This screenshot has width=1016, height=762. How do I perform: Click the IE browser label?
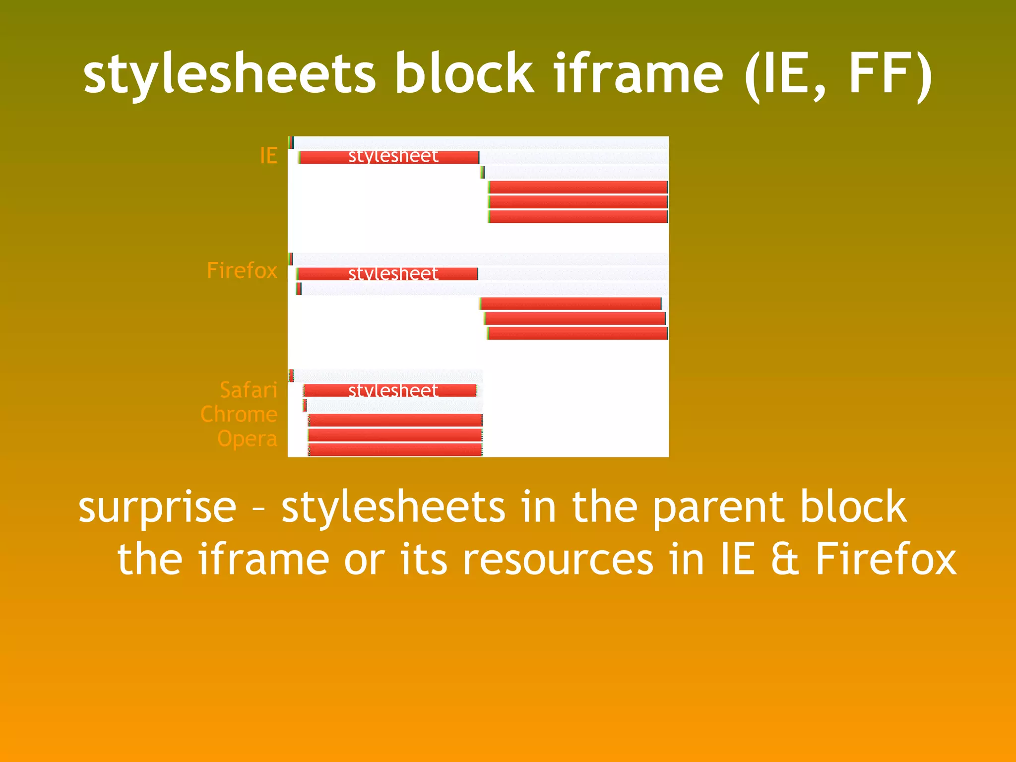(x=268, y=156)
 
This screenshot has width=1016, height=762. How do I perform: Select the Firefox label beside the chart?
(x=242, y=271)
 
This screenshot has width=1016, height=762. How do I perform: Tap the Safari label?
(x=248, y=390)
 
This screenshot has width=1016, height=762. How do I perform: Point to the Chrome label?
(x=239, y=415)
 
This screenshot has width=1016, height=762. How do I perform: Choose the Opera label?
(x=247, y=439)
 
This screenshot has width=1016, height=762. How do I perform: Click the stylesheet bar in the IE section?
(x=389, y=157)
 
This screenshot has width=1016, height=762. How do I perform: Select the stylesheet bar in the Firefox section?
(x=388, y=274)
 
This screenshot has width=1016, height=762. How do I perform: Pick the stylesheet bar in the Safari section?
(x=390, y=390)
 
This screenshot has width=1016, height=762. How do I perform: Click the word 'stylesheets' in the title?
(x=229, y=74)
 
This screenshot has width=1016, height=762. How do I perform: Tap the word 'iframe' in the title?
(x=638, y=74)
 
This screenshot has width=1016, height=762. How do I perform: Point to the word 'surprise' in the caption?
(x=157, y=508)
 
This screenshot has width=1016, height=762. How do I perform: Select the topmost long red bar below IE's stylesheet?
(x=578, y=187)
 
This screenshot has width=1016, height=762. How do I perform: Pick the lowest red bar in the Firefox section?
(x=578, y=333)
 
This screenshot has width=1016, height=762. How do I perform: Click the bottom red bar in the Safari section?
(x=395, y=450)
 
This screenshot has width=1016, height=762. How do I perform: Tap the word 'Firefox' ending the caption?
(x=886, y=560)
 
